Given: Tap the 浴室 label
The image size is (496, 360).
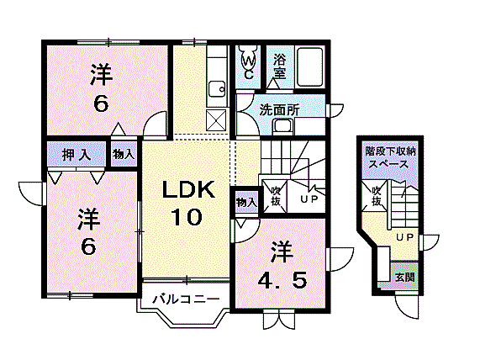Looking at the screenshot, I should pos(279,67).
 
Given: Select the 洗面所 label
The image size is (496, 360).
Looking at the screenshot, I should pos(278,109).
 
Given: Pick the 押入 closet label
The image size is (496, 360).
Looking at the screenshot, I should pos(76,155).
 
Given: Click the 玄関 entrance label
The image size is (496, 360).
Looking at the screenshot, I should pos(404,277).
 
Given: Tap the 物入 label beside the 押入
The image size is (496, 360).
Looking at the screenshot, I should pos(123,155).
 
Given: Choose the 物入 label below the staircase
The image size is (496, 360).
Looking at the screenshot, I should pos(245,202).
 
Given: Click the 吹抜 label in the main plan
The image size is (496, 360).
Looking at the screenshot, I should pos(274,196).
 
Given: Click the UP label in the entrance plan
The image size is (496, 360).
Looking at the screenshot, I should pos(404,237).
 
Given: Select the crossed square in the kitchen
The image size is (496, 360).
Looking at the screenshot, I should pos(216,120).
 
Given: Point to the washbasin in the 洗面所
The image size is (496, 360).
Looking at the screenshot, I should pos(281,127).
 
